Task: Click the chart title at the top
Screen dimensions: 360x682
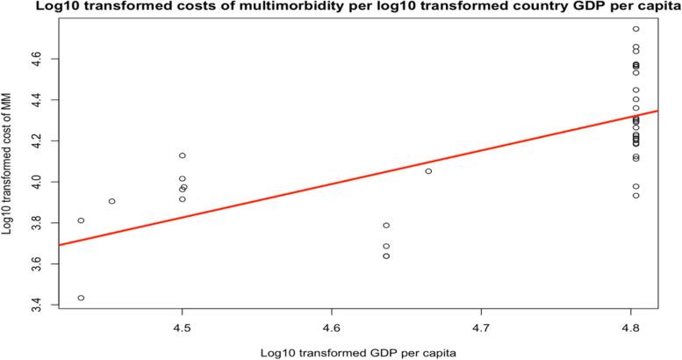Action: (341, 8)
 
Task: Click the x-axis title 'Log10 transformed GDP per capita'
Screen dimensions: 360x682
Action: (341, 352)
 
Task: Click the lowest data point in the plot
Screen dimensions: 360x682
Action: (81, 298)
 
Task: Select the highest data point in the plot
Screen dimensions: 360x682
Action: (635, 29)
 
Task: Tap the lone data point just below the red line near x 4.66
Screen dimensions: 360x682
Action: (428, 171)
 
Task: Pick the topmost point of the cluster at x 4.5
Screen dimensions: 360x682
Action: (182, 155)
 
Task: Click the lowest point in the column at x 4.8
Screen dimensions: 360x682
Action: (635, 196)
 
